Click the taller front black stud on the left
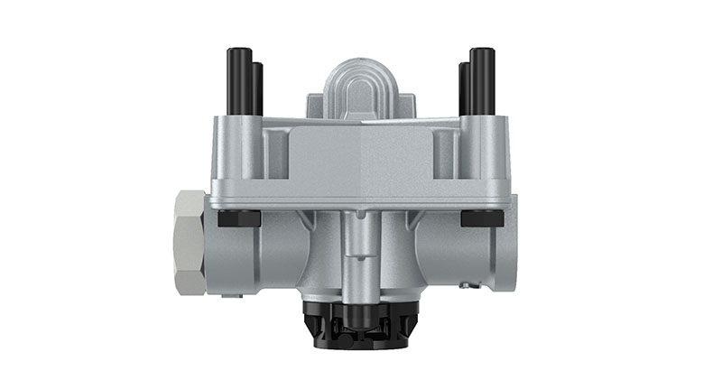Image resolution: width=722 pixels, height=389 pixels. (238, 81)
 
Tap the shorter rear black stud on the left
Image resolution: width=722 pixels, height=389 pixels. (258, 88)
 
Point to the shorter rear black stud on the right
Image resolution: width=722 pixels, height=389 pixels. (463, 88)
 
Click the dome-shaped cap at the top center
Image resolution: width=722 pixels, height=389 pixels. (361, 86)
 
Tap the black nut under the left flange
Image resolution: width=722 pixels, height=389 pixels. (239, 218)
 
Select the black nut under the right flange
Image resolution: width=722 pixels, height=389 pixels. (482, 218)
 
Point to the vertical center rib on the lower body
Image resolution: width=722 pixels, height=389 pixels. (361, 257)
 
